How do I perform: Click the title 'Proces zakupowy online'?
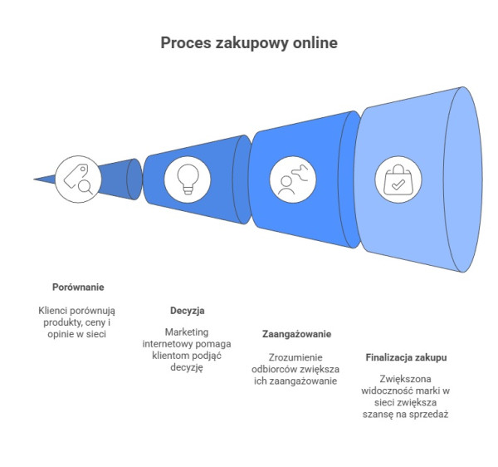[x=249, y=42]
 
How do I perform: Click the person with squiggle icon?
[x=290, y=179]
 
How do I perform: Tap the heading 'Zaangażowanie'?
[x=297, y=334]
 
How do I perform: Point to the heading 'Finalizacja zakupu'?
[x=407, y=357]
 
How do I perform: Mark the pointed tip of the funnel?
[x=36, y=178]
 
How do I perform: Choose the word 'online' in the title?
[x=315, y=42]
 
